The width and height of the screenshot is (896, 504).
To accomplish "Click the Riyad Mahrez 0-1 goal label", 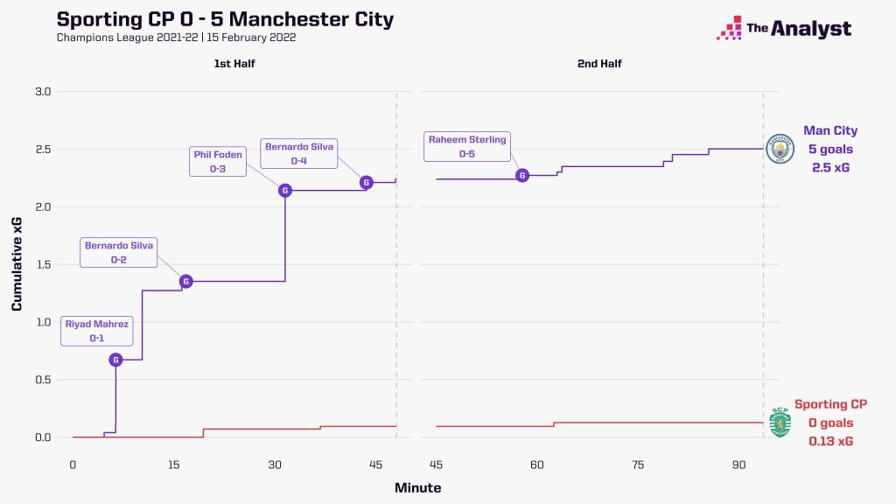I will click(97, 331).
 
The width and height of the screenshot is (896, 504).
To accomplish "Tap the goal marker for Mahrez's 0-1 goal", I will click(115, 360).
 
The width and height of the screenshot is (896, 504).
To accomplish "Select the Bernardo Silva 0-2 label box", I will click(118, 252).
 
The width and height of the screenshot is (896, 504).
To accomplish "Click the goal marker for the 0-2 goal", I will click(185, 281).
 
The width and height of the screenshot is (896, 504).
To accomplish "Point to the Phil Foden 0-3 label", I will click(218, 162).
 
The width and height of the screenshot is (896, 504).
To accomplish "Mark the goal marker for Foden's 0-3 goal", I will click(284, 190).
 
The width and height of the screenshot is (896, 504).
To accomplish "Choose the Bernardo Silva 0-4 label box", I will click(300, 153).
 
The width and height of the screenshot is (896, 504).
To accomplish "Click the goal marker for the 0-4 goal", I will click(366, 182).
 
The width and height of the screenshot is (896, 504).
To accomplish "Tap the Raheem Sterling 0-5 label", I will click(467, 146).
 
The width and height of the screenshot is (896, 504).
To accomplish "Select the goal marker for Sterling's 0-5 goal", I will click(522, 175).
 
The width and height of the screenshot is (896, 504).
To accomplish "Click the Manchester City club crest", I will click(780, 149).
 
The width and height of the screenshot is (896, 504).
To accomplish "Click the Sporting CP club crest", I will click(779, 423).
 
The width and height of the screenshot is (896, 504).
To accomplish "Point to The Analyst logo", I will click(784, 29).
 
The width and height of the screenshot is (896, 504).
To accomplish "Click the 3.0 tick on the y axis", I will click(43, 92).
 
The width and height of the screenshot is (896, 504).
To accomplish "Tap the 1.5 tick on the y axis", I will click(43, 264).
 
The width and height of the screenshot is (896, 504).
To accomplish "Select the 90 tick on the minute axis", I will click(738, 464).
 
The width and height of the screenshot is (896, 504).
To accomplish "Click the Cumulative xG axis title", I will click(17, 264).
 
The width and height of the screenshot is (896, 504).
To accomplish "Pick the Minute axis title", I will click(417, 487).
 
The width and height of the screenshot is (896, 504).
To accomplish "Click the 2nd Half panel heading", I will click(598, 64).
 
